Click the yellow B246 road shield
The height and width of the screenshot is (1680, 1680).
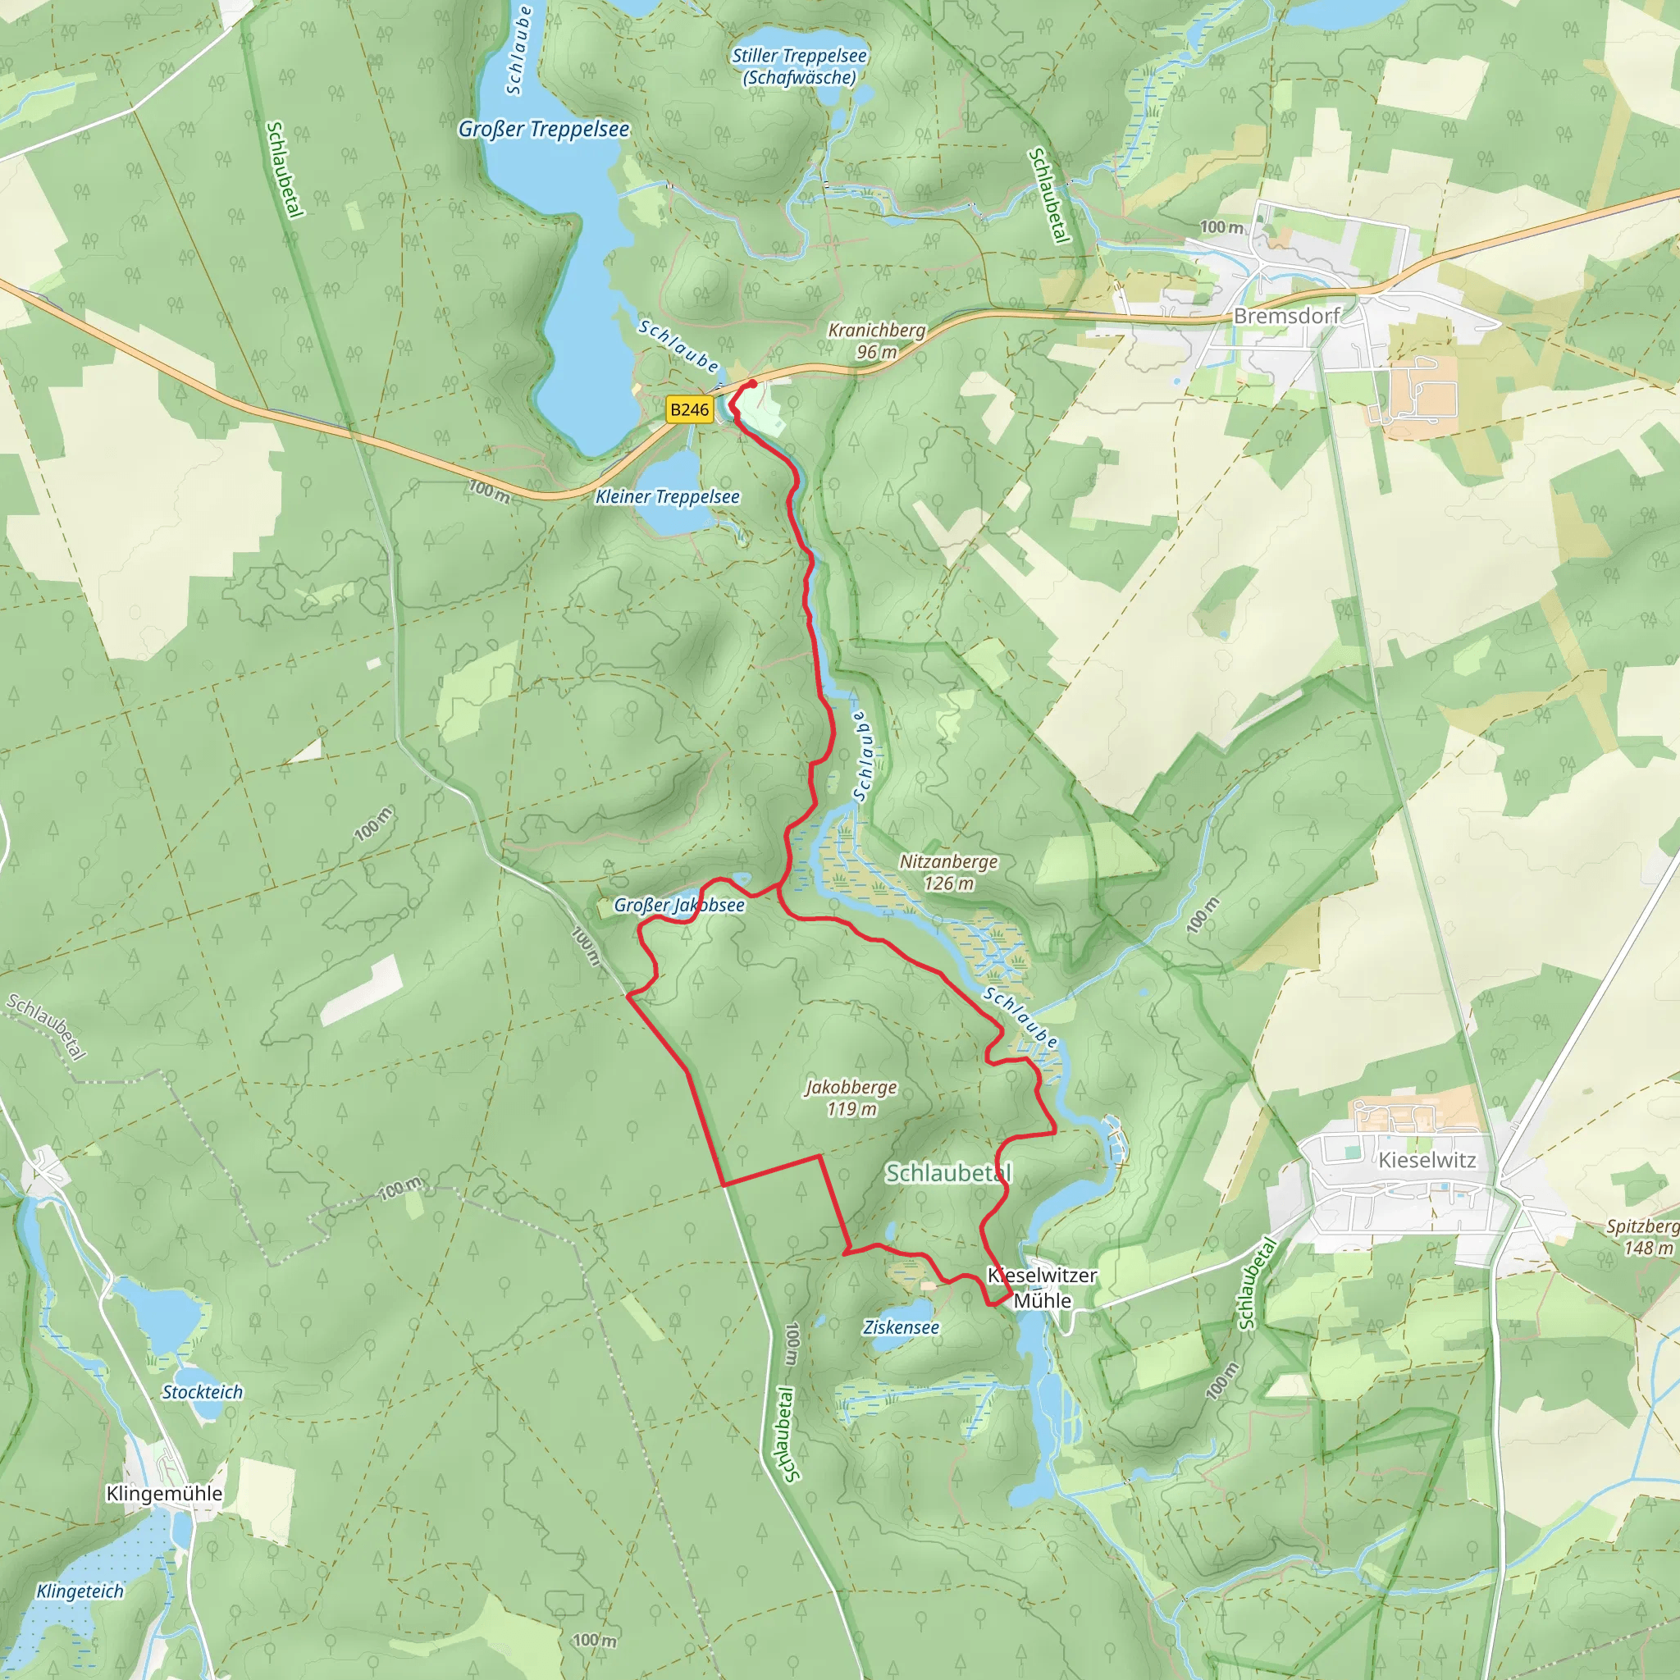coord(689,409)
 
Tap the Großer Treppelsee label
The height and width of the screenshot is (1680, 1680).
coord(544,130)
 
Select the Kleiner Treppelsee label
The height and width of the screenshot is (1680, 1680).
coord(667,496)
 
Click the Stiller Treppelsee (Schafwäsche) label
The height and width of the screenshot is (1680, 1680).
coord(799,67)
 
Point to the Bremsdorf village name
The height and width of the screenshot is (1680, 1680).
coord(1286,316)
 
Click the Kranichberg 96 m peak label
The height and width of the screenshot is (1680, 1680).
coord(877,341)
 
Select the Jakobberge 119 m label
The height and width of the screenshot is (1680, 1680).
coord(851,1098)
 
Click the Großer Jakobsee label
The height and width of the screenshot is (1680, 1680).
coord(679,906)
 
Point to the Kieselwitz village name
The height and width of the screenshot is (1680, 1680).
coord(1427,1160)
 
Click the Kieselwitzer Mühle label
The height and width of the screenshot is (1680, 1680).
coord(1042,1288)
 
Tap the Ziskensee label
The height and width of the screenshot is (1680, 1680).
coord(901,1328)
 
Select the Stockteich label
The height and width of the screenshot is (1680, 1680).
coord(203,1392)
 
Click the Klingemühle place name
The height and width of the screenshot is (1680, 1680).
coord(164,1494)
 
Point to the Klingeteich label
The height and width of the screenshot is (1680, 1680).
coord(80,1591)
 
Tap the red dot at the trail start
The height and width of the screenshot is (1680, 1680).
coord(752,383)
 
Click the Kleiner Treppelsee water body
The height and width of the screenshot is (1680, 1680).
coord(669,475)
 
